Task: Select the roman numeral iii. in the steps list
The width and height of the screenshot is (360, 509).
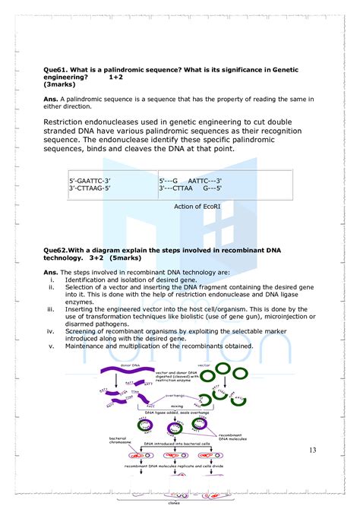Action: tap(51, 309)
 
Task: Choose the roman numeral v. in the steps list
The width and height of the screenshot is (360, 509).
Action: tap(52, 347)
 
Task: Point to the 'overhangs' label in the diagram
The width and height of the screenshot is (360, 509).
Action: tap(176, 396)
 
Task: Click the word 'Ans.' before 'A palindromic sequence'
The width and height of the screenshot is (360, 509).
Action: tap(51, 99)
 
